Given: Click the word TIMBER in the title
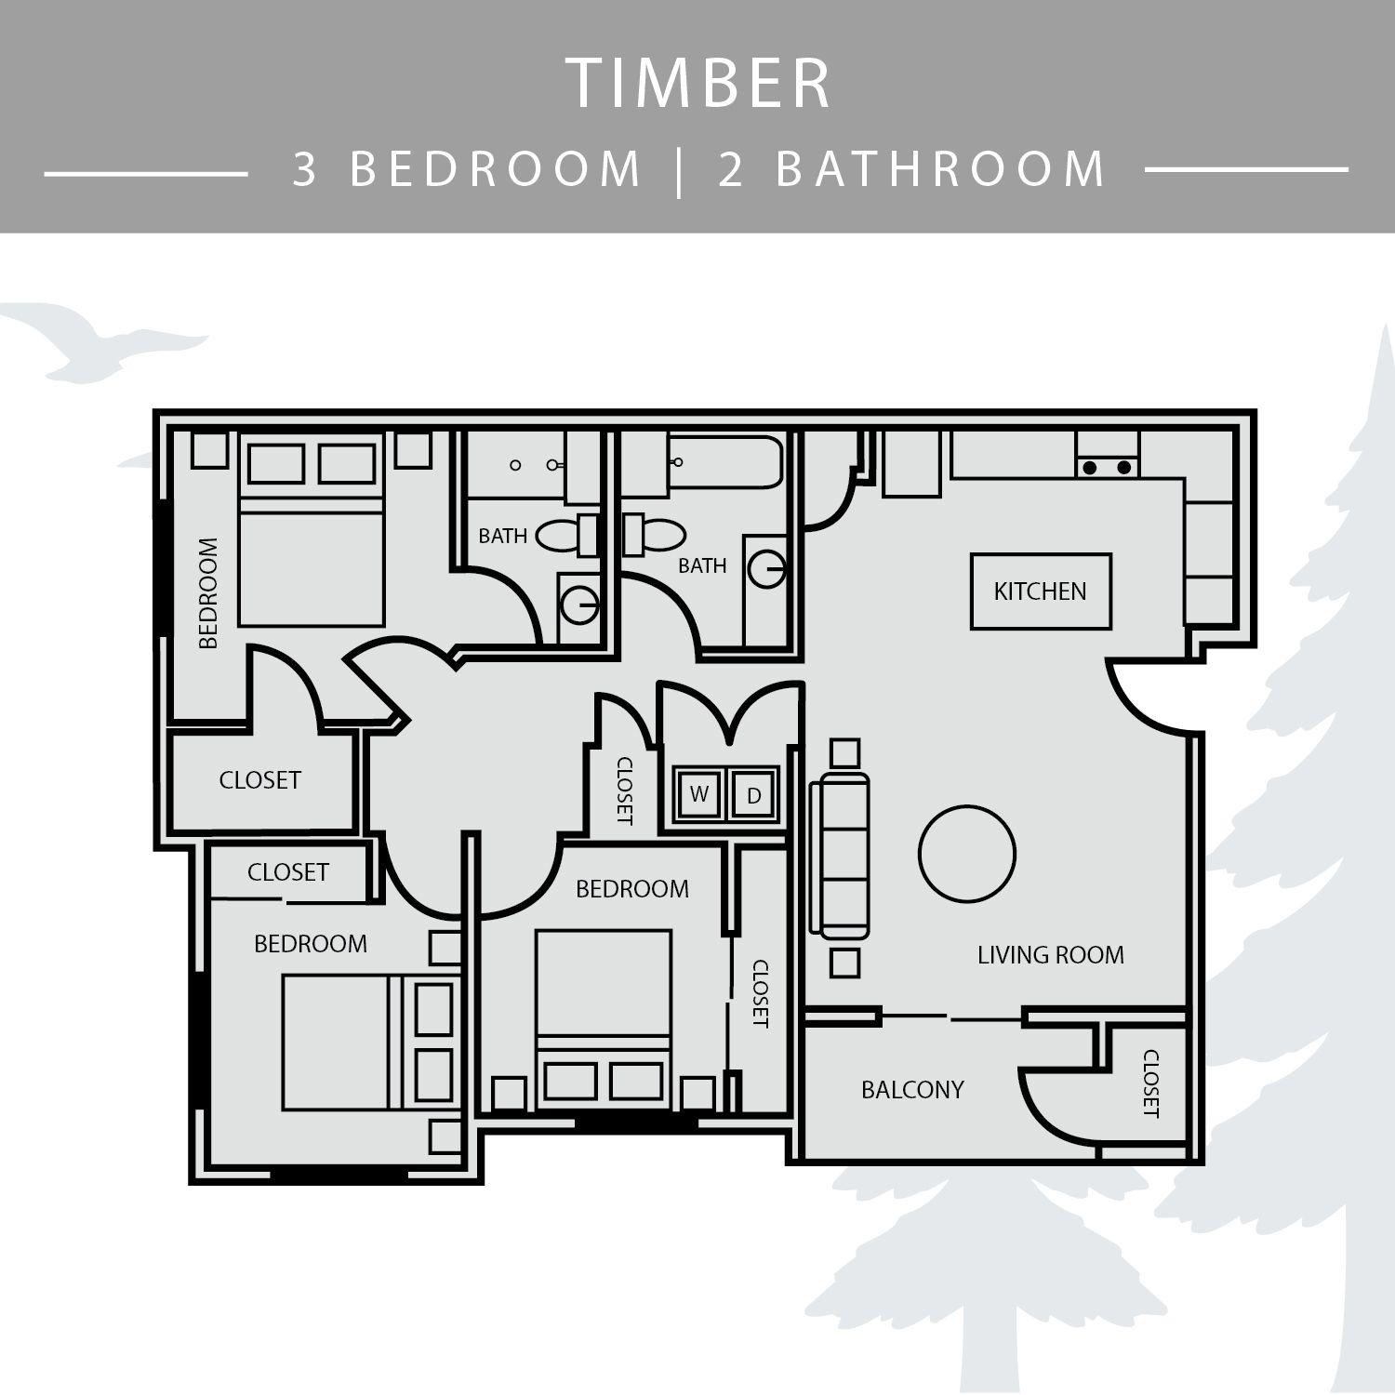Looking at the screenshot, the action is pyautogui.click(x=698, y=84).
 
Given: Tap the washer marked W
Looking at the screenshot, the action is pyautogui.click(x=699, y=794).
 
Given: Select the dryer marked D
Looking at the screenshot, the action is pyautogui.click(x=753, y=795).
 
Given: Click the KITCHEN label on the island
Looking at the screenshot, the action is pyautogui.click(x=1040, y=591).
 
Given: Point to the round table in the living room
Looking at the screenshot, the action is pyautogui.click(x=967, y=854).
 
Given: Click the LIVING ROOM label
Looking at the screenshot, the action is pyautogui.click(x=1051, y=955).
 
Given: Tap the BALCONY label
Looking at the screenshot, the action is pyautogui.click(x=912, y=1090).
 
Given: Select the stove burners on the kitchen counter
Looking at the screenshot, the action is pyautogui.click(x=1108, y=467).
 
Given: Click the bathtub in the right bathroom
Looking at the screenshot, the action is pyautogui.click(x=726, y=462).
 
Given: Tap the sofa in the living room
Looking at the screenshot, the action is pyautogui.click(x=840, y=855).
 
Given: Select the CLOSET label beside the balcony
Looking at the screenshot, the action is pyautogui.click(x=1150, y=1083).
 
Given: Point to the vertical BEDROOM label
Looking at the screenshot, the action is pyautogui.click(x=208, y=593).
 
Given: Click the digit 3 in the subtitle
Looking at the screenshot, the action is pyautogui.click(x=305, y=169).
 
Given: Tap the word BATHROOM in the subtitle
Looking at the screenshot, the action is pyautogui.click(x=941, y=169).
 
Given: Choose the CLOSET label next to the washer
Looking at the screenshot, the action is pyautogui.click(x=625, y=790).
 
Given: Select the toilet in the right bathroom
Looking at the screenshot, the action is pyautogui.click(x=654, y=535).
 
